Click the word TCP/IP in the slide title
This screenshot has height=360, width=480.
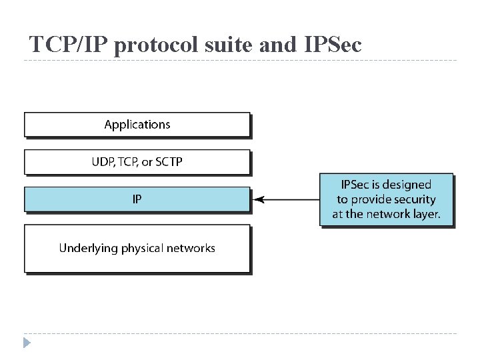[x=69, y=45]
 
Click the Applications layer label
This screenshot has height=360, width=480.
[x=137, y=125]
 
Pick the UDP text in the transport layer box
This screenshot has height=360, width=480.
[x=102, y=162]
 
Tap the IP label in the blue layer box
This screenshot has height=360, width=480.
[x=137, y=199]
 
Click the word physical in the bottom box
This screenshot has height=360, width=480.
[x=142, y=249]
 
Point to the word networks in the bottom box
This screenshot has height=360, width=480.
[x=191, y=248]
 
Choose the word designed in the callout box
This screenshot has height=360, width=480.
[x=408, y=184]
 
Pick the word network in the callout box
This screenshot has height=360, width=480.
[x=389, y=215]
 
